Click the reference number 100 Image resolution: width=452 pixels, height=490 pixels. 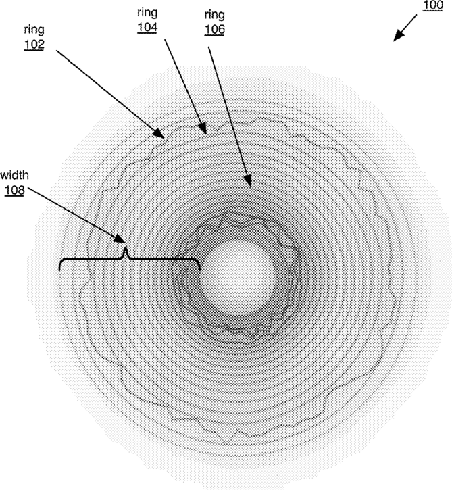(433, 5)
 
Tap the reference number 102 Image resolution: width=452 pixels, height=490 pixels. (34, 45)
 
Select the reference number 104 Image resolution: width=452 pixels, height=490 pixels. (147, 28)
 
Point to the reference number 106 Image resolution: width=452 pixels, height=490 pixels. (215, 29)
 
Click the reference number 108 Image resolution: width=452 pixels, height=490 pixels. (14, 191)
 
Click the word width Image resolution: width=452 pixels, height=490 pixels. (14, 175)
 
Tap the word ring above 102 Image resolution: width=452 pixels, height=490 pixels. (34, 30)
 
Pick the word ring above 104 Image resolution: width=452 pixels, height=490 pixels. (147, 14)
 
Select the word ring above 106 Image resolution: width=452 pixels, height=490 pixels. (215, 16)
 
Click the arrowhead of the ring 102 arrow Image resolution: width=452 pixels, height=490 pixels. (159, 134)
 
